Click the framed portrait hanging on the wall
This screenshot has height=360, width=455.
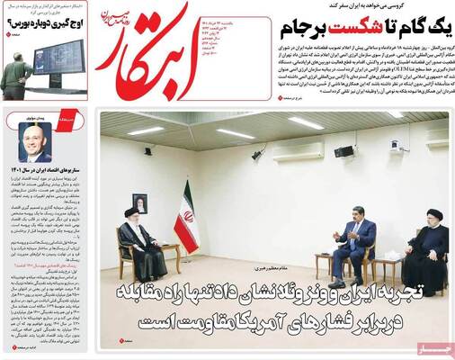pos(139,202)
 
